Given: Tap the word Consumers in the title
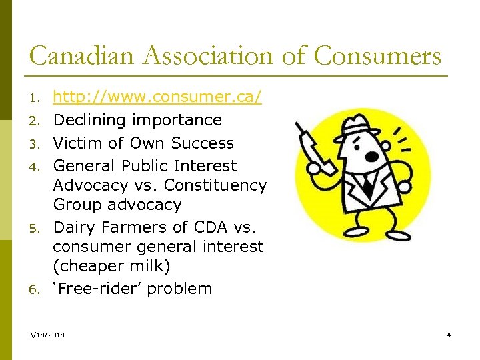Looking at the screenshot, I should pos(377,55).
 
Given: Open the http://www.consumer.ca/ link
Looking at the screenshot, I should pos(157,98).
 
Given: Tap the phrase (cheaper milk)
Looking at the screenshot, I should pos(112,267).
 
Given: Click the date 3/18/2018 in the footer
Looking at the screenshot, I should pos(47,335).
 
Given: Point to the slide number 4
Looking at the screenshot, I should pos(449,335).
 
